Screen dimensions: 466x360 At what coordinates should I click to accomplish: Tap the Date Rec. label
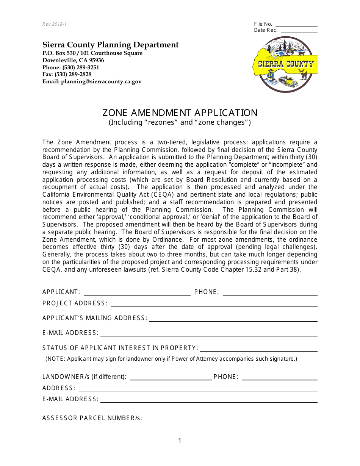266,30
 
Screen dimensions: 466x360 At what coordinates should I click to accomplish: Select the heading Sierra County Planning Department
110,45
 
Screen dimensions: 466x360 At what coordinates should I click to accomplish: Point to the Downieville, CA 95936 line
73,60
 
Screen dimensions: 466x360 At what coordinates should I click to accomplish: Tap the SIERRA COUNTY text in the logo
286,64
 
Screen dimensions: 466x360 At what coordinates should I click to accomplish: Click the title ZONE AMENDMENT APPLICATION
180,113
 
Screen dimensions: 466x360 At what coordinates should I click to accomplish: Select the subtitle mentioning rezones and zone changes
180,122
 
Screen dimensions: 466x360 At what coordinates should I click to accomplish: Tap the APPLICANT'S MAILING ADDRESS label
95,318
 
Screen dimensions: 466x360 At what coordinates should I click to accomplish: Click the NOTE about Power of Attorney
171,359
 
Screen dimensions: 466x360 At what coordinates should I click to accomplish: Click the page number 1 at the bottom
180,441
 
